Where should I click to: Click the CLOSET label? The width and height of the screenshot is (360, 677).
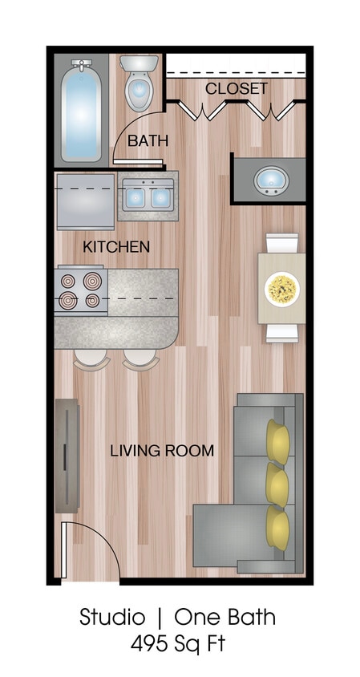coord(237,88)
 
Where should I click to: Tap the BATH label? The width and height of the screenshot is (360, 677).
coord(148,140)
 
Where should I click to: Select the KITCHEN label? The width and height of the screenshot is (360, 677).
coord(116,247)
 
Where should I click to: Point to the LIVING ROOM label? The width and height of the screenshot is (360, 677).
coord(162,451)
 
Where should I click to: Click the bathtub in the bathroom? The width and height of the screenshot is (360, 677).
coord(83,110)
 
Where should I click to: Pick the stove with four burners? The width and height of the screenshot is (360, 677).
coord(81,291)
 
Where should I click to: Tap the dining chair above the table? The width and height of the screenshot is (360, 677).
coord(281,242)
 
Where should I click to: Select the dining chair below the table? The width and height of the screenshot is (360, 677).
coord(281,332)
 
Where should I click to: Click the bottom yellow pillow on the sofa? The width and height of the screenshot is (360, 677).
coord(278,525)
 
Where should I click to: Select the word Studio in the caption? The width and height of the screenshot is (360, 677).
coord(112,618)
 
